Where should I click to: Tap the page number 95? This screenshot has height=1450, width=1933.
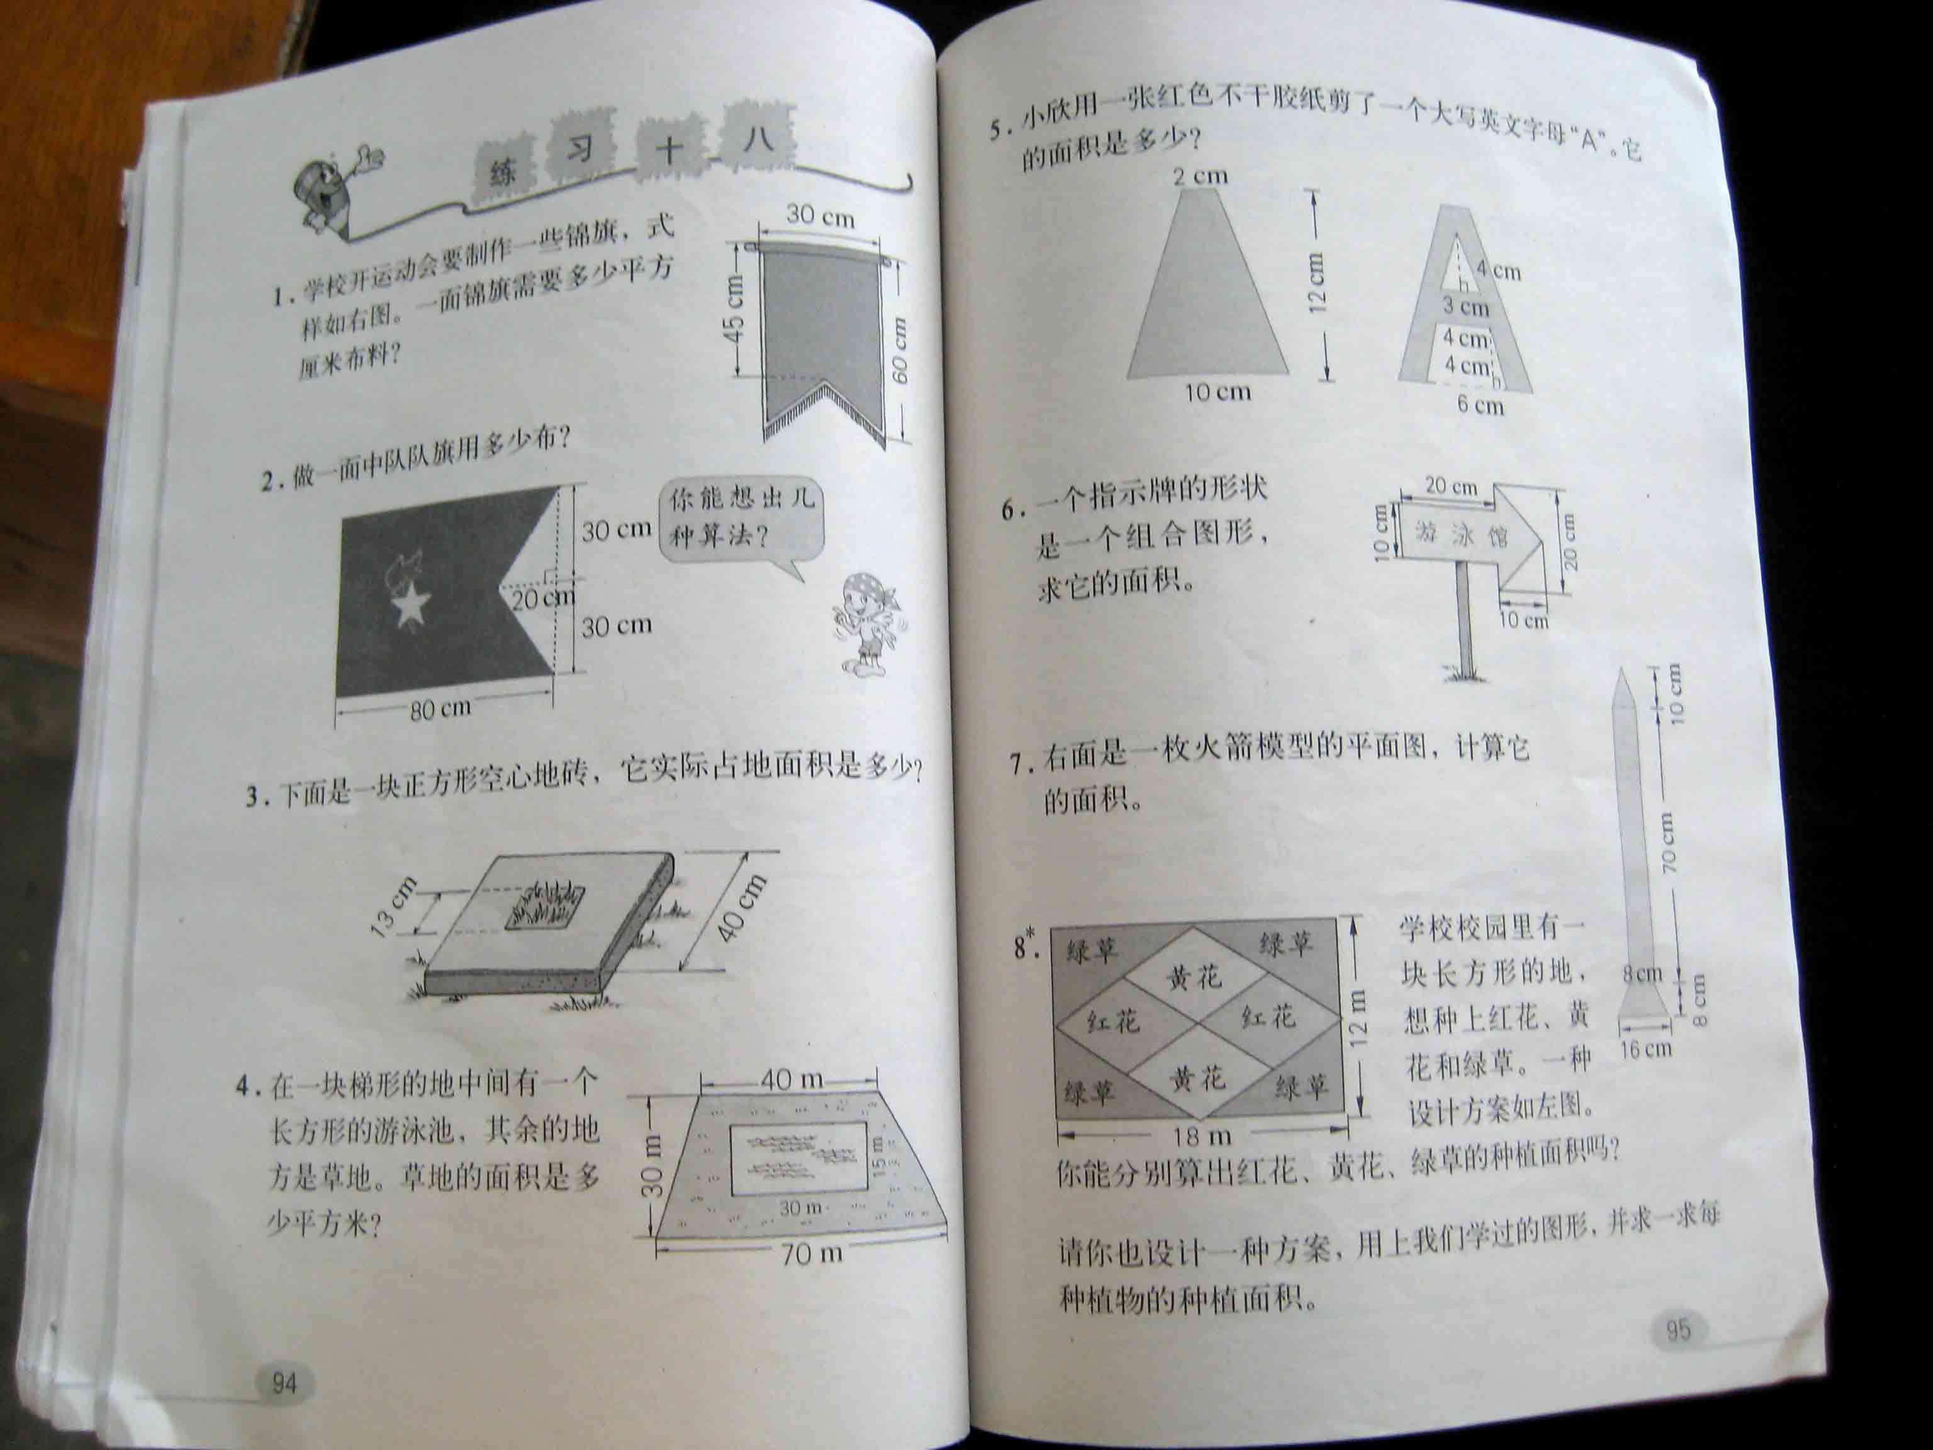pyautogui.click(x=1677, y=1331)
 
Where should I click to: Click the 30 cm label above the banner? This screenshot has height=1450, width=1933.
pyautogui.click(x=820, y=215)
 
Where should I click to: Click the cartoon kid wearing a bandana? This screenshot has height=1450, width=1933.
pyautogui.click(x=867, y=621)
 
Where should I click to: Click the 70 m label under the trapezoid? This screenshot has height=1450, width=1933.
pyautogui.click(x=812, y=1254)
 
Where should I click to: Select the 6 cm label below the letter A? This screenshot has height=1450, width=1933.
pyautogui.click(x=1481, y=405)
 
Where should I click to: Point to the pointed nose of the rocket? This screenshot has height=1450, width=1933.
pyautogui.click(x=1623, y=670)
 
